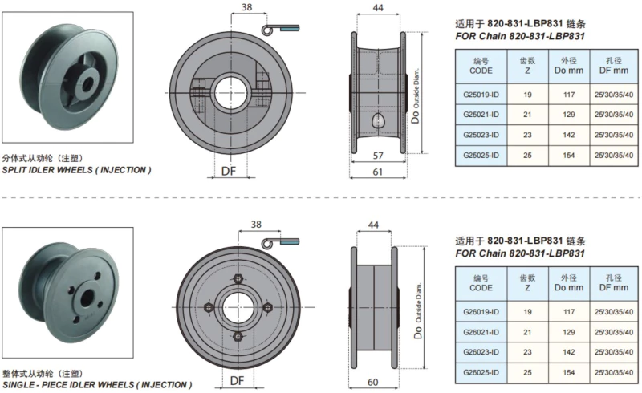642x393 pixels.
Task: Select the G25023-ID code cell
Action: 481,134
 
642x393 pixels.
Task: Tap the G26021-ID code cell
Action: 481,330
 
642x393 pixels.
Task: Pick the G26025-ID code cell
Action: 481,371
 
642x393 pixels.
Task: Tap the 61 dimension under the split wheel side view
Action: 376,171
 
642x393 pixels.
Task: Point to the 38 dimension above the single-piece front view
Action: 255,225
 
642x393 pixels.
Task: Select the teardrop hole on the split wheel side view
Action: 378,120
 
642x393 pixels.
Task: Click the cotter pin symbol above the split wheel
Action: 278,30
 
